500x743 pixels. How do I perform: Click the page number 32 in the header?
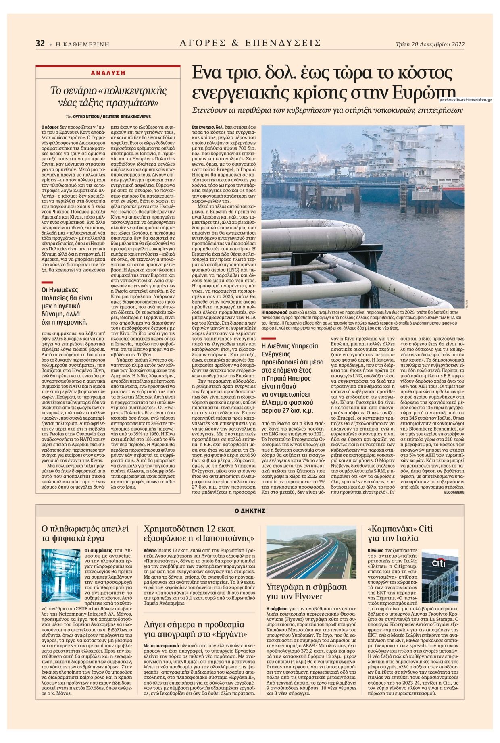(40, 44)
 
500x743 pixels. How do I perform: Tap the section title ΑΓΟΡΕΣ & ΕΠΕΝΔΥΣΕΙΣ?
(250, 43)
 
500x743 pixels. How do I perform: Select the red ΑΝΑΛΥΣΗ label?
(108, 73)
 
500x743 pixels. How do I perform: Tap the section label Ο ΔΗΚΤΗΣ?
(250, 510)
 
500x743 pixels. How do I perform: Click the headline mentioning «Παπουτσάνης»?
(199, 533)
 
